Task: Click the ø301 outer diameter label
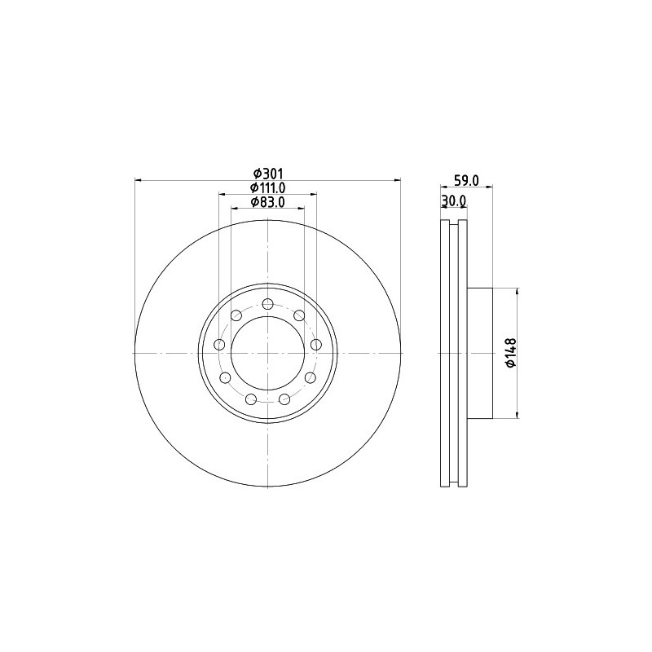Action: (267, 173)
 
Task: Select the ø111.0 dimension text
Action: (267, 187)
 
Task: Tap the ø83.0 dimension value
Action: (267, 201)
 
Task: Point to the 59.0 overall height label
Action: (465, 181)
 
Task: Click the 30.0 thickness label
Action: (452, 201)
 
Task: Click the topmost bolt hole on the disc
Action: (267, 304)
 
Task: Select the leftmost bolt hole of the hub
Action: (219, 345)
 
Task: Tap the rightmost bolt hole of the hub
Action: (316, 345)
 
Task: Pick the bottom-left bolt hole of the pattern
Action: (251, 399)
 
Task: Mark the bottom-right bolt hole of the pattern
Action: (284, 399)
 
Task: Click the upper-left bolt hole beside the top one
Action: (236, 315)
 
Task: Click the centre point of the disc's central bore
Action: (267, 353)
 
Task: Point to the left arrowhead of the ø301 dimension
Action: (138, 179)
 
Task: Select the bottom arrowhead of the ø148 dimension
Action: (516, 416)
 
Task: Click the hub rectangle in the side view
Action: (481, 353)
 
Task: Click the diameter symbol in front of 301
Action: (257, 173)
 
